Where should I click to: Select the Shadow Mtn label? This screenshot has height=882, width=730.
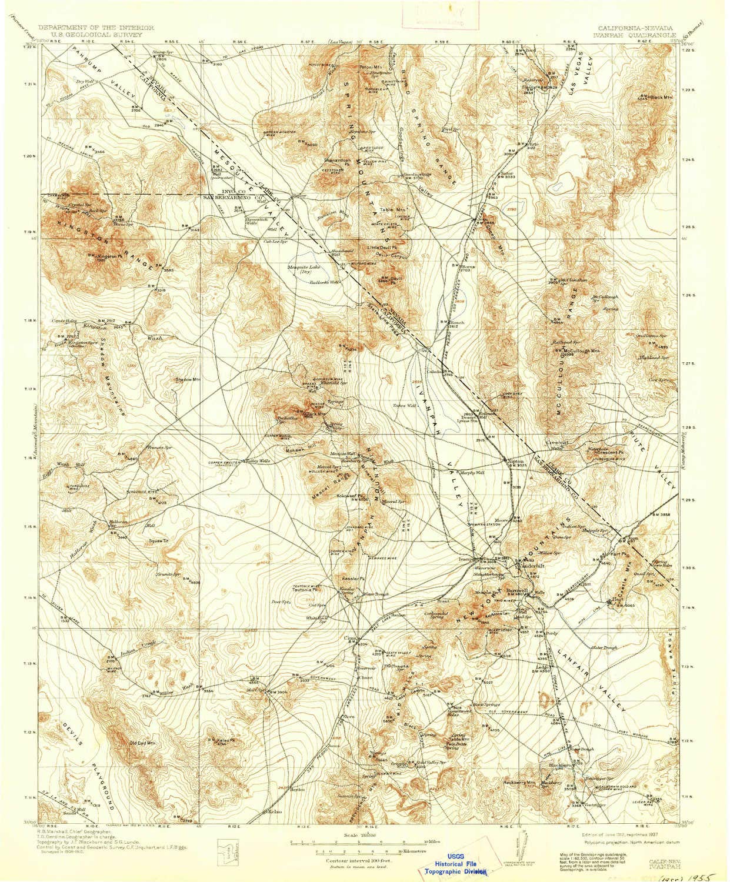pyautogui.click(x=188, y=379)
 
